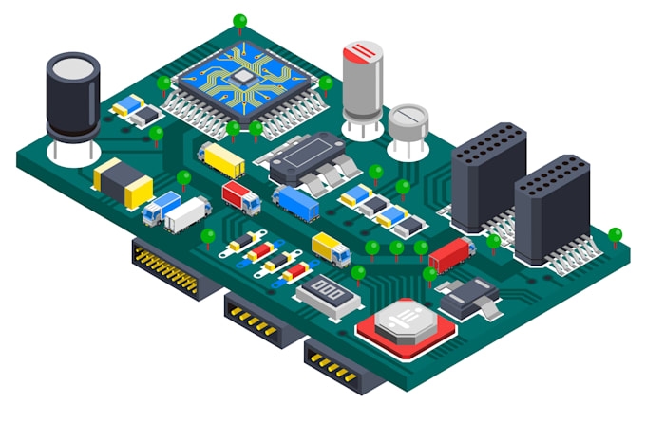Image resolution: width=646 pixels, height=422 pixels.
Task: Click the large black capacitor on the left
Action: pos(72,97)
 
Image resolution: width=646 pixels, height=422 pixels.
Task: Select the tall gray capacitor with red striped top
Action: pos(363,81)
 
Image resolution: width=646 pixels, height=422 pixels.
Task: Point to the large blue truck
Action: pos(296,202)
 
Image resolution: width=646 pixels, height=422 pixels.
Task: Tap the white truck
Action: pos(186,214)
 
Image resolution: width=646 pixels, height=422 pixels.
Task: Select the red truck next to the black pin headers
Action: pos(450,253)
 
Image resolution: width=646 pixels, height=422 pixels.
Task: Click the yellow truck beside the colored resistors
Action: pos(331,248)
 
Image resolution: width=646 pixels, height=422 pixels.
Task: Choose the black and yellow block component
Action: pos(123,182)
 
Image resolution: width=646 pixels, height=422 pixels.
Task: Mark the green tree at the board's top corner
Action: pos(239,21)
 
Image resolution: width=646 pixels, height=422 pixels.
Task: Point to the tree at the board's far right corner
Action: pos(615,234)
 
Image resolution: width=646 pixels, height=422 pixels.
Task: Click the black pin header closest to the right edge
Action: pos(552,209)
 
